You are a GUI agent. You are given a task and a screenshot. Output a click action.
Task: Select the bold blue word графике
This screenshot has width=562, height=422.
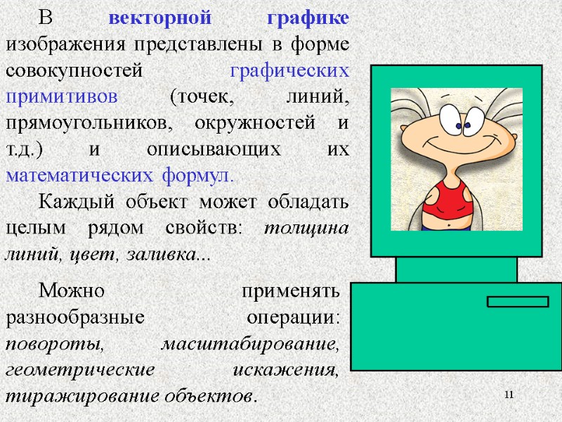[x=308, y=19]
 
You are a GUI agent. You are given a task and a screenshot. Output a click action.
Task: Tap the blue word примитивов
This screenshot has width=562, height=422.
[x=63, y=96]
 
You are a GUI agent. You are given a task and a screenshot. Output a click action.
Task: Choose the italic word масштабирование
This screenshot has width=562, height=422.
[x=250, y=343]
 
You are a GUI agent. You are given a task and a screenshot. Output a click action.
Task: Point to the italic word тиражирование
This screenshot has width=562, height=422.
[x=77, y=395]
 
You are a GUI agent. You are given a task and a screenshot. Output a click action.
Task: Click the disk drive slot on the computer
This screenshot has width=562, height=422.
[x=518, y=302]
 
